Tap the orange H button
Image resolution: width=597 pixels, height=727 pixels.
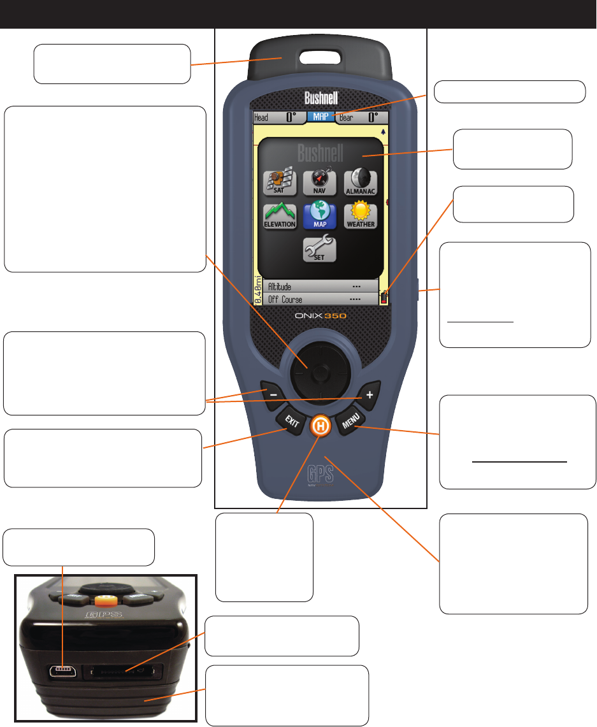click(x=319, y=426)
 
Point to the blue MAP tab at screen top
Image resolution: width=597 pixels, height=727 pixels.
click(x=320, y=117)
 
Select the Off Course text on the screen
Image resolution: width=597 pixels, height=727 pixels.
click(x=285, y=299)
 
